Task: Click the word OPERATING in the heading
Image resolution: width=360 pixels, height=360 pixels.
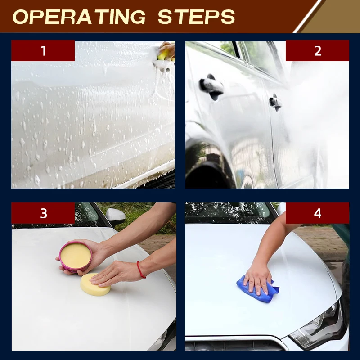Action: point(79,17)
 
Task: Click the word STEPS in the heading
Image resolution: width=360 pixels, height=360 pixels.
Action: point(197,17)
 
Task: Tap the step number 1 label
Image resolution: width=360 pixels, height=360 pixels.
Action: point(43,51)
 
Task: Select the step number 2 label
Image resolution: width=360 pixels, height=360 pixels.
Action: point(318,51)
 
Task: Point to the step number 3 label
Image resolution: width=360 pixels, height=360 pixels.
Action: point(43,213)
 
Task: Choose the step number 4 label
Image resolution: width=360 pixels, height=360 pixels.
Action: point(318,213)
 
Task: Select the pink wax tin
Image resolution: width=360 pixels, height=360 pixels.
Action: point(76,256)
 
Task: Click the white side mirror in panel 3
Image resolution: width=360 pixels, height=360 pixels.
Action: point(116,216)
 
